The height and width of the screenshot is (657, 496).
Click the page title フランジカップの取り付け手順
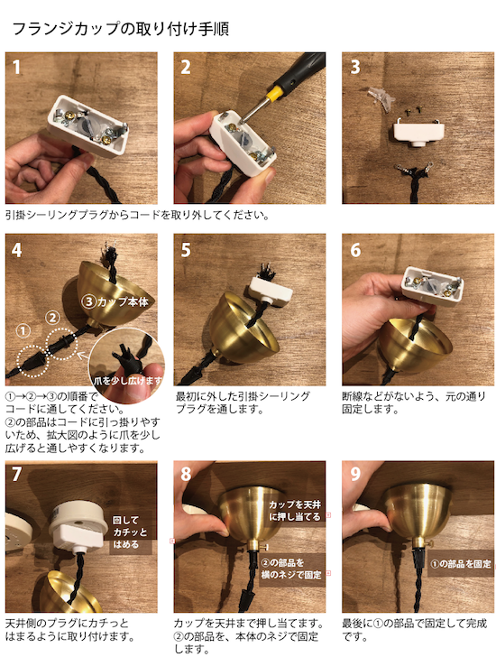121,29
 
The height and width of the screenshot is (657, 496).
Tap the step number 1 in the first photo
16,67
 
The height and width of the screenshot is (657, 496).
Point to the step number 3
355,67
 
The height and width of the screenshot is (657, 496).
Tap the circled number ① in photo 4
23,331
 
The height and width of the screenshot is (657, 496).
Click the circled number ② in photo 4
52,318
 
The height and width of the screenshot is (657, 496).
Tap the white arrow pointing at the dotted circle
84,356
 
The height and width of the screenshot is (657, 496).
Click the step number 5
186,250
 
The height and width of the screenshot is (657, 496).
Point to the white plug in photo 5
271,289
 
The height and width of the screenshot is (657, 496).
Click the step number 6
355,250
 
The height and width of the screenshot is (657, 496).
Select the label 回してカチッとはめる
130,532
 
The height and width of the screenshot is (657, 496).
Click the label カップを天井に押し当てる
295,511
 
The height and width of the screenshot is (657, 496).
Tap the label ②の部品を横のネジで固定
291,569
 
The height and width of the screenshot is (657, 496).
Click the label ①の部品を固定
461,564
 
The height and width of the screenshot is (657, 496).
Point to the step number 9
355,474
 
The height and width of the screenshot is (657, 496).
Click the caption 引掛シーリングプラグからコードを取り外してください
137,216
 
